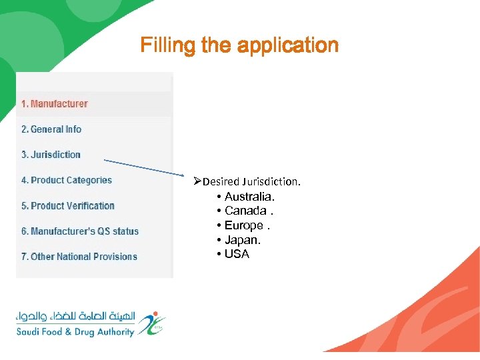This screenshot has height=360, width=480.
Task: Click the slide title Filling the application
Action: [x=239, y=45]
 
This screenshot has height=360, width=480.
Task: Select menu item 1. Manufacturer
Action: [x=54, y=104]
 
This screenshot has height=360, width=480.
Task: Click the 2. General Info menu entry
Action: [x=51, y=129]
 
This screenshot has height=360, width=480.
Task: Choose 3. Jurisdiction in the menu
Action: [x=51, y=155]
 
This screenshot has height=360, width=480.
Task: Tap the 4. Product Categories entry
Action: [x=67, y=180]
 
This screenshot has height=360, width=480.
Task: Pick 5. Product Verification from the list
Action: [x=68, y=206]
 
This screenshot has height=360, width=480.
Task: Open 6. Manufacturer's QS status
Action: [x=80, y=231]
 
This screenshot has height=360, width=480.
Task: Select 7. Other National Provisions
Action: [x=79, y=257]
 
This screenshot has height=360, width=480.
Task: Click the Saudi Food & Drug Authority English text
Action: [x=75, y=331]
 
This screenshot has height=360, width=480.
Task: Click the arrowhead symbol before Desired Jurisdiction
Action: [x=197, y=181]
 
